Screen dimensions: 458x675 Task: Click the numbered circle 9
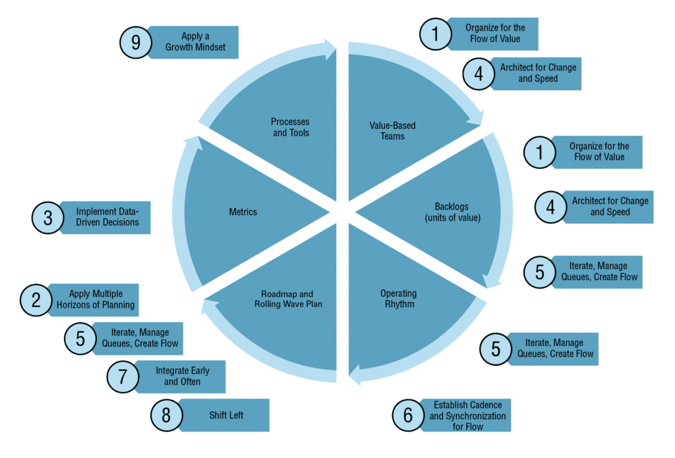tap(136, 43)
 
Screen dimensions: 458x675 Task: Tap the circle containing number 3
tap(48, 218)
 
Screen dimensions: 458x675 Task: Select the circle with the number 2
tap(36, 300)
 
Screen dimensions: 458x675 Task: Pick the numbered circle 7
tap(123, 377)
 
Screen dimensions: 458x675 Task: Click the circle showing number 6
tap(408, 415)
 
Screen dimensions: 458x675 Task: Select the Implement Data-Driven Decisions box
tap(107, 217)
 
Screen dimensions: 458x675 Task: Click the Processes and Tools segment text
tap(290, 127)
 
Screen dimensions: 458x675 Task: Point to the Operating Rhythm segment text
tap(398, 299)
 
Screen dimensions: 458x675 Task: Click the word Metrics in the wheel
tap(243, 212)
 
